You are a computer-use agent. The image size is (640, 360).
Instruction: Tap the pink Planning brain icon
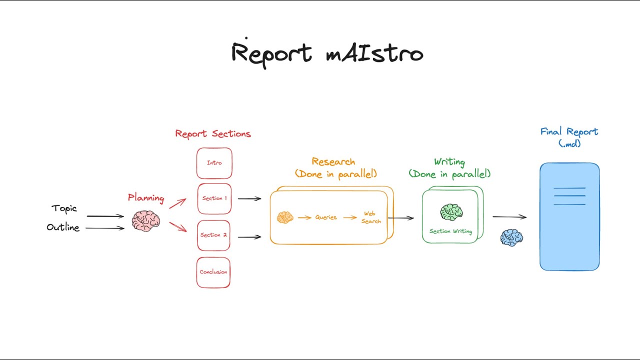(x=146, y=221)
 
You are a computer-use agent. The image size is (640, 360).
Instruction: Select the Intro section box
(x=214, y=163)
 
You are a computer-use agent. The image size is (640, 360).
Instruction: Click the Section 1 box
(x=214, y=198)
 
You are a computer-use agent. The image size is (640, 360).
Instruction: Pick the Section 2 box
(x=213, y=235)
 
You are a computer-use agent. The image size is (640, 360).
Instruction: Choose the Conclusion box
(x=213, y=272)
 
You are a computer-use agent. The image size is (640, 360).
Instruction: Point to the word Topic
(x=64, y=208)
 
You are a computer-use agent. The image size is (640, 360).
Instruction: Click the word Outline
(x=63, y=227)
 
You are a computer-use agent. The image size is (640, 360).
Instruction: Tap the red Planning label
(x=146, y=198)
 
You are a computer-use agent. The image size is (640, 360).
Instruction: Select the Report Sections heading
(x=213, y=134)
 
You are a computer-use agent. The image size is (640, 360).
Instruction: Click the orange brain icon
(x=285, y=217)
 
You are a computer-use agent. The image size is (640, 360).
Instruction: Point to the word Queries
(x=326, y=217)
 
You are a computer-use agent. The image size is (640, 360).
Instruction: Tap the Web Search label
(x=371, y=217)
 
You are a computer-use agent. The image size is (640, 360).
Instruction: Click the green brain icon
(x=451, y=212)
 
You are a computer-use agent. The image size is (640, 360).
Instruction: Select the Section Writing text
(x=450, y=231)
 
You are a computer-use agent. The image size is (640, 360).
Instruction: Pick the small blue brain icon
(x=511, y=237)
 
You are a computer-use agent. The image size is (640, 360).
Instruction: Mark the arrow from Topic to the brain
(x=105, y=216)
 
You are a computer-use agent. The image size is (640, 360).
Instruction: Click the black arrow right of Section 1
(x=249, y=198)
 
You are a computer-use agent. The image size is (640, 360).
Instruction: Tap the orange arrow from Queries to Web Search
(x=350, y=217)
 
